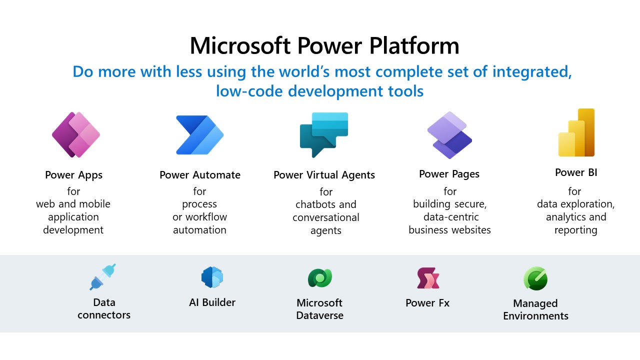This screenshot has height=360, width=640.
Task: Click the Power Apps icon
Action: click(76, 134)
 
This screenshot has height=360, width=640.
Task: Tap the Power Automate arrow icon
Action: click(199, 135)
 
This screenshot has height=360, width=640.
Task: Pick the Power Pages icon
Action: click(449, 135)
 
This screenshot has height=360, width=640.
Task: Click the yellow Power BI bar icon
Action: click(576, 133)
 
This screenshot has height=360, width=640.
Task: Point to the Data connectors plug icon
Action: click(103, 276)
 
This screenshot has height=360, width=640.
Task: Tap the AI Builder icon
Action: click(212, 277)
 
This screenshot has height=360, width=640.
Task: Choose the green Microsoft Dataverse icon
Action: click(319, 278)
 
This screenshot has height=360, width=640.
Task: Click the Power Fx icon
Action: click(428, 278)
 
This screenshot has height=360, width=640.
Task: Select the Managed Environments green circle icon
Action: click(535, 278)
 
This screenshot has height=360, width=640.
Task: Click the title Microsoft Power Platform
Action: click(324, 46)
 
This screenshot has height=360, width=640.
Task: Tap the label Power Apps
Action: click(73, 175)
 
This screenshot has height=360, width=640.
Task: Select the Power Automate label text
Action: click(200, 175)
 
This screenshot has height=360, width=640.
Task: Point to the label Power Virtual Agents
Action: click(324, 175)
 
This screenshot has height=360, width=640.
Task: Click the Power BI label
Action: click(576, 173)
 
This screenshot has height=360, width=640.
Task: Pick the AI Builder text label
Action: click(212, 302)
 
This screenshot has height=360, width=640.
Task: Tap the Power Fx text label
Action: click(427, 303)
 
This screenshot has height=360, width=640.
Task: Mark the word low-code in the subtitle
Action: click(244, 91)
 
